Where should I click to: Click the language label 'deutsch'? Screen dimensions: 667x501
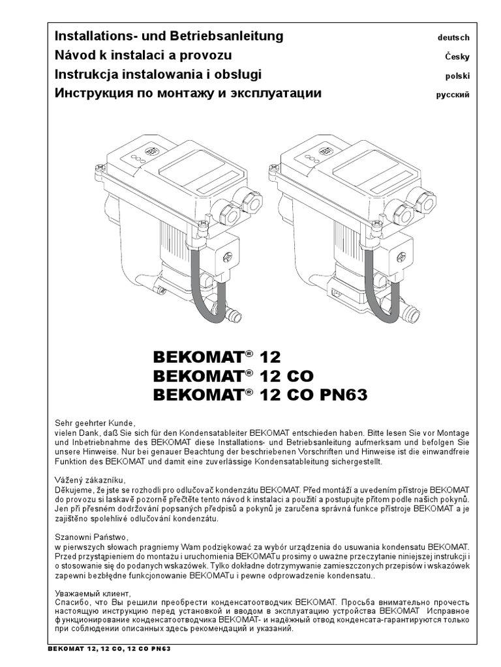[453, 38]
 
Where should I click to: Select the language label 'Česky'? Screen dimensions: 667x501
[457, 57]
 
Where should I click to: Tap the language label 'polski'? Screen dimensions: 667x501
[456, 76]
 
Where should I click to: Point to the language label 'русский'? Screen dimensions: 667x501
[452, 94]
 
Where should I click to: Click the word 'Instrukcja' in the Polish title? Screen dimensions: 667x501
[85, 74]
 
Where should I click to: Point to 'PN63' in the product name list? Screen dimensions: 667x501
[342, 395]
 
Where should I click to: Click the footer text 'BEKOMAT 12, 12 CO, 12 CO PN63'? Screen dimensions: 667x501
[110, 649]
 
